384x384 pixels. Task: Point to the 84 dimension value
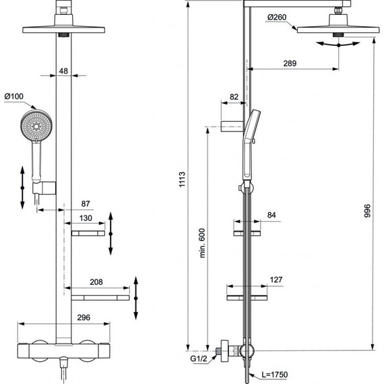click(271, 215)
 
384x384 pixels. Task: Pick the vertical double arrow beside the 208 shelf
click(136, 296)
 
